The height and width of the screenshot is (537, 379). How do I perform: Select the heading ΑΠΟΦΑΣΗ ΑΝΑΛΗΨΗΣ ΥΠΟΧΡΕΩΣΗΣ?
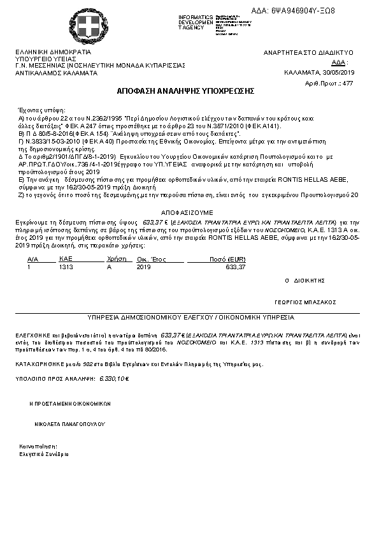185,92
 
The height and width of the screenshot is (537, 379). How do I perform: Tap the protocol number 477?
348,84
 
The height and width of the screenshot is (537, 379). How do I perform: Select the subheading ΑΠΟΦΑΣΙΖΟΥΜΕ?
186,212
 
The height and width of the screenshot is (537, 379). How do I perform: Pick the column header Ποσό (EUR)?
227,260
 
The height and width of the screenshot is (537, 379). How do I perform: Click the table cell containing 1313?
66,267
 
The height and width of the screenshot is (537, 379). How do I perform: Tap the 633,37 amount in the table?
236,267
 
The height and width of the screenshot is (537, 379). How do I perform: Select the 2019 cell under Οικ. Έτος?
145,267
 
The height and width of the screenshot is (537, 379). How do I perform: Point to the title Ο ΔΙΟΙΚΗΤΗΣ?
304,280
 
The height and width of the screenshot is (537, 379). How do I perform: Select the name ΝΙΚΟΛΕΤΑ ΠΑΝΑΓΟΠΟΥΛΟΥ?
66,424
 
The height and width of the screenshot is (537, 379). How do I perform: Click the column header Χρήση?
114,260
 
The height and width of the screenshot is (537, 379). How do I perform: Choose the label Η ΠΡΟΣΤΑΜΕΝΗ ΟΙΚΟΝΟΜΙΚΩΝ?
70,404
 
